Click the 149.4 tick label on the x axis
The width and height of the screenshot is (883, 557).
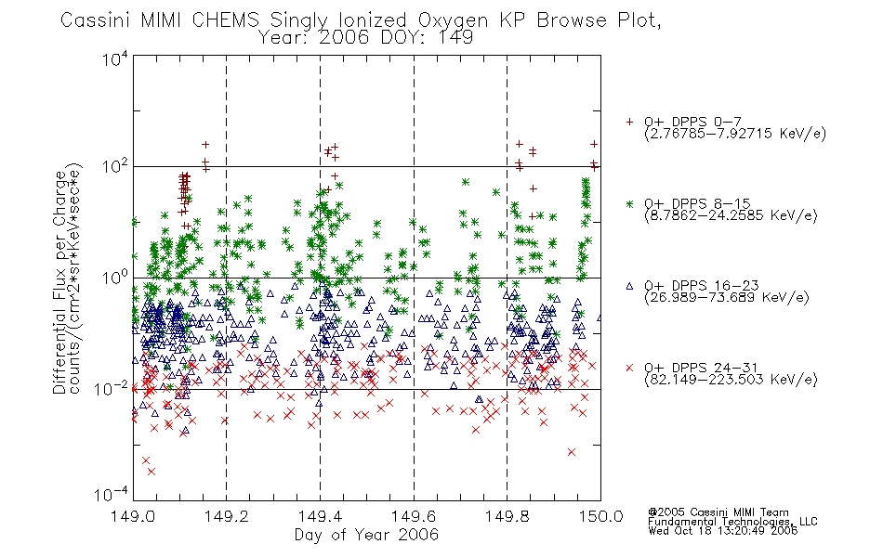coord(320,516)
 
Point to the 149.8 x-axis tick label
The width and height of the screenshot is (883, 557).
coord(507,516)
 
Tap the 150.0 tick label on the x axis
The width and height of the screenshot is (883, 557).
coord(600,516)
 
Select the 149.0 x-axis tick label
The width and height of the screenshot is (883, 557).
coord(133,516)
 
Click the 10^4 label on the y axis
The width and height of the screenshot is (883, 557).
coord(115,58)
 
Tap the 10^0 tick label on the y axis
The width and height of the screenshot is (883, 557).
coord(115,278)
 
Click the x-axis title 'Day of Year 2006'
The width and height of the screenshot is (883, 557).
coord(366,535)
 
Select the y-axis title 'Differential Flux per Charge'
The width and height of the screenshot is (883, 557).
coord(59,282)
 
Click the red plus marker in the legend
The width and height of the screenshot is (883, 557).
coord(629,122)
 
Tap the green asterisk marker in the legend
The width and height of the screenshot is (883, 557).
coord(629,203)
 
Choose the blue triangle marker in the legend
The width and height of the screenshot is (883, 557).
coord(629,286)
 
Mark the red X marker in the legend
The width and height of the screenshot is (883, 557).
coord(629,368)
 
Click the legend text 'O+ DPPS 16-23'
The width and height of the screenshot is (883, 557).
coord(702,285)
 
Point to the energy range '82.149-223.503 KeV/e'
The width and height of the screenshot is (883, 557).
coord(731,380)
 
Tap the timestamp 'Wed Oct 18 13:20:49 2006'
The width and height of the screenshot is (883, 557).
coord(722,530)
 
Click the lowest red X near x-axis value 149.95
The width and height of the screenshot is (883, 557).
coord(572,452)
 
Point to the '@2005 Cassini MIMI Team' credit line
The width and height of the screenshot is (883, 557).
coord(718,512)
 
